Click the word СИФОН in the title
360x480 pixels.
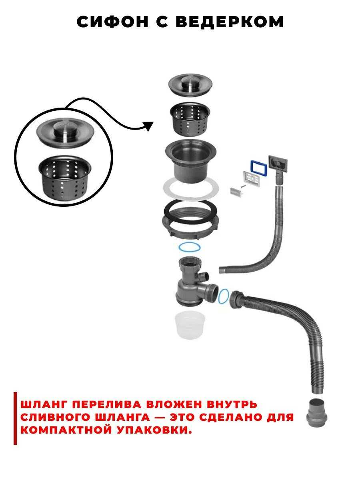click(112, 22)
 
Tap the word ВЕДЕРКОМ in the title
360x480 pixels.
click(230, 22)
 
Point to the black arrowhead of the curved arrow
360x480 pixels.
click(149, 126)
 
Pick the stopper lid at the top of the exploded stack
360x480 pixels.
click(190, 84)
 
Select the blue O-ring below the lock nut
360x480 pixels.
click(189, 247)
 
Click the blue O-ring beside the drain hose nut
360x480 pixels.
click(223, 296)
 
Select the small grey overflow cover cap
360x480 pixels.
click(236, 192)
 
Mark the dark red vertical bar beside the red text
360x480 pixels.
click(15, 418)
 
